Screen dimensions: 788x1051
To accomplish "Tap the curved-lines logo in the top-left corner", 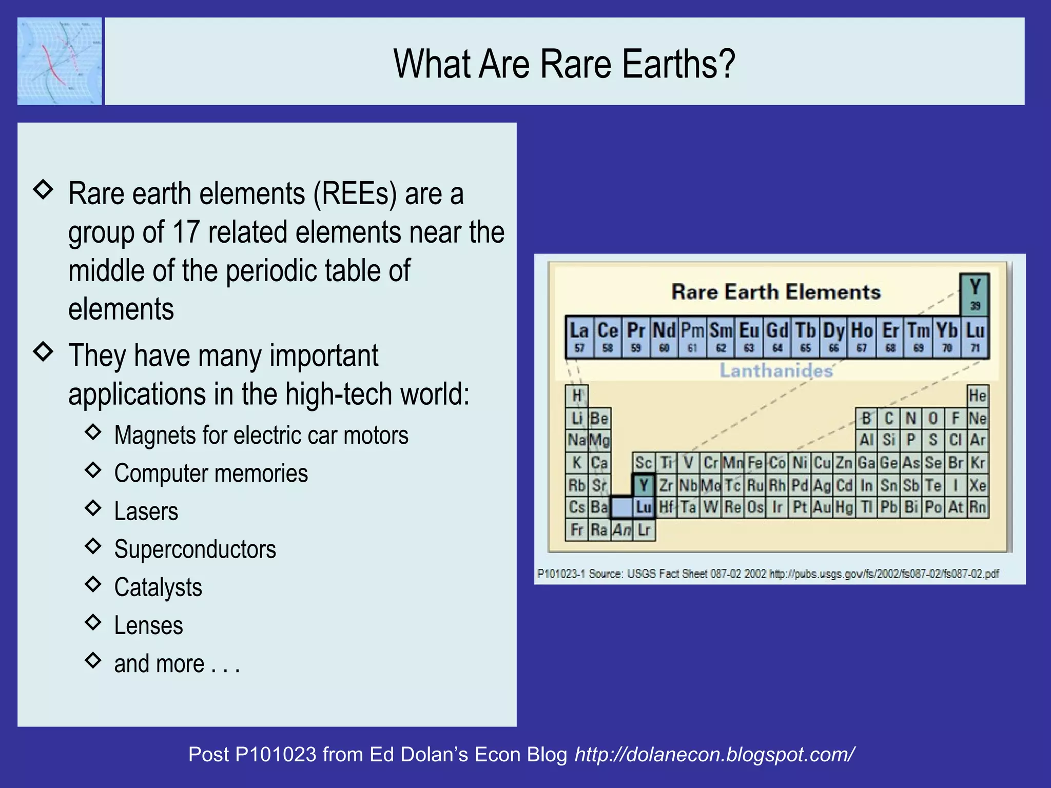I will tap(60, 62).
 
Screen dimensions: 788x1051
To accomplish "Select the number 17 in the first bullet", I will tap(186, 232).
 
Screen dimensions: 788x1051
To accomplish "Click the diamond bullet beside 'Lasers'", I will tap(93, 508).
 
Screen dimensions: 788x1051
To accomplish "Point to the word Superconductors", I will tap(195, 549).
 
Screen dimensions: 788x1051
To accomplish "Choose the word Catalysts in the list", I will tap(158, 587).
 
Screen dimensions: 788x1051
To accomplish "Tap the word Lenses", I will tap(148, 625).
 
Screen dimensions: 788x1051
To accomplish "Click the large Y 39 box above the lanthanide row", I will tap(975, 294).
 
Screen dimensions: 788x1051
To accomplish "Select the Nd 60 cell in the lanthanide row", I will tap(664, 337).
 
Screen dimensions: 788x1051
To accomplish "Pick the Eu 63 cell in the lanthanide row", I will tap(749, 337).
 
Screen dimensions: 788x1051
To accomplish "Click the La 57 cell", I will tap(579, 337).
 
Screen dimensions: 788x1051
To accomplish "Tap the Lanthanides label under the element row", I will tap(776, 370).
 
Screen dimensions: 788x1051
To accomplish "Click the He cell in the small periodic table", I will tap(977, 396).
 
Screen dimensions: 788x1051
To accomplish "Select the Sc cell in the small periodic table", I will tap(643, 463).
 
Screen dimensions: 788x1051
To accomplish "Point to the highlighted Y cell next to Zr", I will tap(644, 485).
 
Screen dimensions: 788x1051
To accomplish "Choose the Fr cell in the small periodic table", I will tap(576, 529).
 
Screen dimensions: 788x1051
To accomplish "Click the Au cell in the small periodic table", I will tap(822, 507).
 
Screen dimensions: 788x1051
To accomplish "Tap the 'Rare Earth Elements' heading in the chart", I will tap(776, 292).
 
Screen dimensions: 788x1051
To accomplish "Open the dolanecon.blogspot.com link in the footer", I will tap(714, 754).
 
